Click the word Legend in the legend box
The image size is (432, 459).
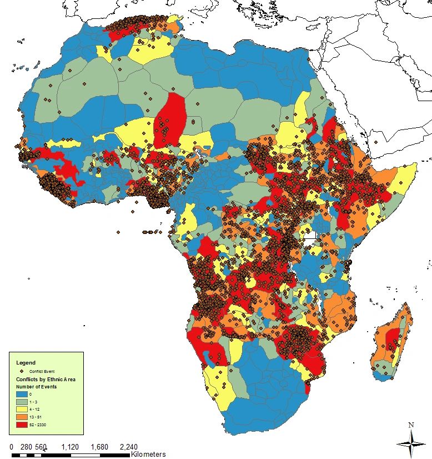pyautogui.click(x=26, y=363)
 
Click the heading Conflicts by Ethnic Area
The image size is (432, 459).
pyautogui.click(x=45, y=379)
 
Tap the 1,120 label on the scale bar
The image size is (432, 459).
pyautogui.click(x=71, y=446)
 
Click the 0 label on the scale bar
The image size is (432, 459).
pyautogui.click(x=12, y=446)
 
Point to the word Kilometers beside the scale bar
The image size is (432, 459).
pyautogui.click(x=149, y=454)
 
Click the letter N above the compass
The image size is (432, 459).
pyautogui.click(x=411, y=425)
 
